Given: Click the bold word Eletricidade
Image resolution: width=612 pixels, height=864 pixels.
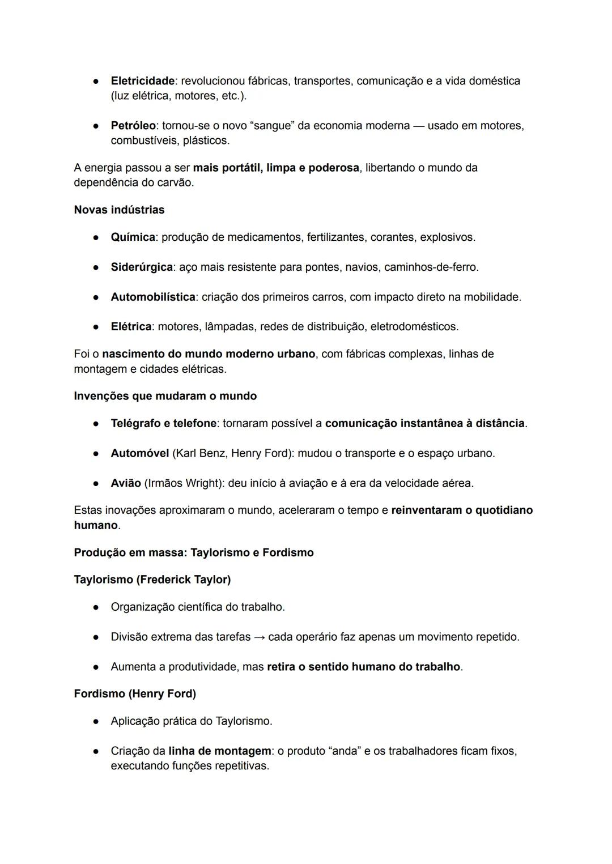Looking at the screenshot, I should click(x=142, y=81).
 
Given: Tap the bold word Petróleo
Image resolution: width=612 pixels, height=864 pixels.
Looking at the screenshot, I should click(x=133, y=126).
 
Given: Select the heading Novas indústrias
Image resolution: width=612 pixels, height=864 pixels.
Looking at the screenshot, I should click(x=119, y=210).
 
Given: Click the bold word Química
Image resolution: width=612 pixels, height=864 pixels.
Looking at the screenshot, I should click(x=133, y=237).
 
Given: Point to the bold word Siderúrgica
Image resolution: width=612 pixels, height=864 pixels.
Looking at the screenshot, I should click(x=142, y=267).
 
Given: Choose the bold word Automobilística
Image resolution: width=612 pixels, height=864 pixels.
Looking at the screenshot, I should click(x=153, y=297).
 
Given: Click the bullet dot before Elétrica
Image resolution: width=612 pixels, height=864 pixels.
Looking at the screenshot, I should click(x=97, y=327).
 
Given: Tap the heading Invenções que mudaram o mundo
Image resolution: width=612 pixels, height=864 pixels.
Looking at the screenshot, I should click(x=165, y=396).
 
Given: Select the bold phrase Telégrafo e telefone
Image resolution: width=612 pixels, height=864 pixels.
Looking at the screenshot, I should click(x=163, y=423).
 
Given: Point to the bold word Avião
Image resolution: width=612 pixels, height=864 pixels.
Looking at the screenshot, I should click(x=126, y=483).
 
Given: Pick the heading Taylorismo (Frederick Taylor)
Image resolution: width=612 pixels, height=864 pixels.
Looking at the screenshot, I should click(x=152, y=580).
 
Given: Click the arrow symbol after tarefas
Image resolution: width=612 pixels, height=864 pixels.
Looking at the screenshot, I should click(x=259, y=637).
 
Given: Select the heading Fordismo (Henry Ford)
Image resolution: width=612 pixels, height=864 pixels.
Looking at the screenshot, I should click(x=135, y=693).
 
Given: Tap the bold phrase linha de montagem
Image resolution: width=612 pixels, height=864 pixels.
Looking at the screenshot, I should click(x=220, y=751).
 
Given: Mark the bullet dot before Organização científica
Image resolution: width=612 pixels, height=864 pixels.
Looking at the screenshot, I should click(x=97, y=607).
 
